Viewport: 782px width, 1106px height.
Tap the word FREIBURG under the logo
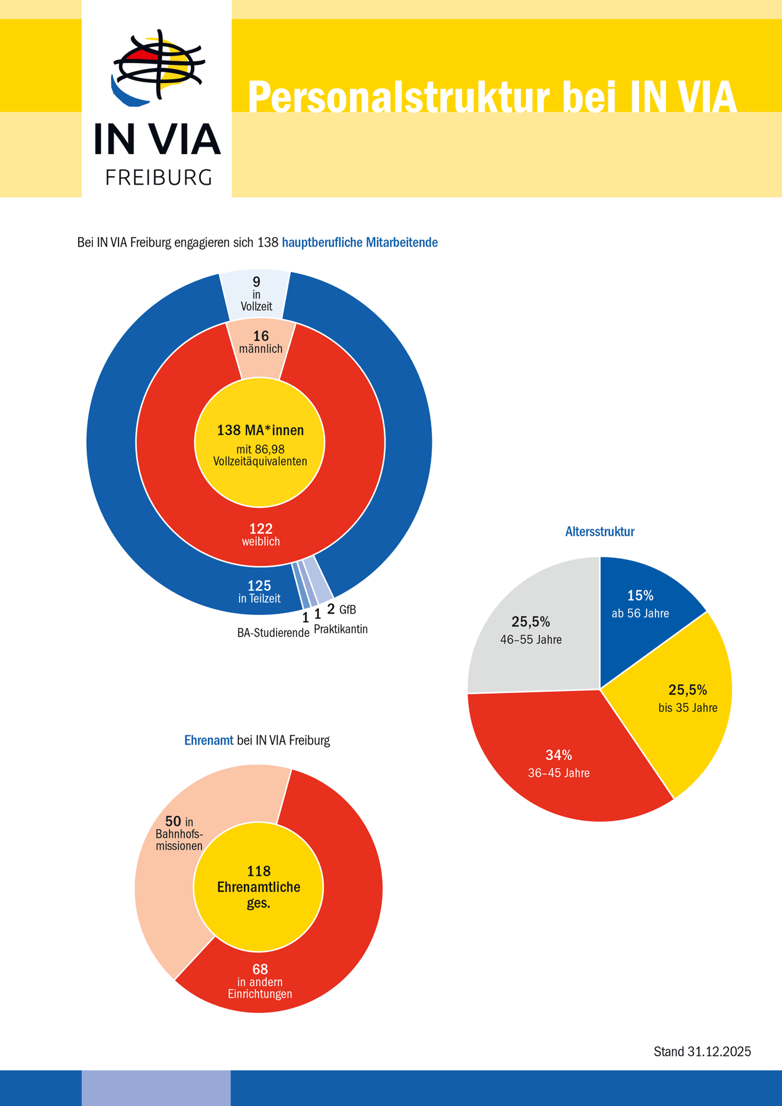click(159, 177)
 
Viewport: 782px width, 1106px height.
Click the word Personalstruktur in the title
click(398, 97)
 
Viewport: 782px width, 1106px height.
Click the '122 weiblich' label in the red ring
click(261, 535)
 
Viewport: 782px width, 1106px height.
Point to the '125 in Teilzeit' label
click(259, 591)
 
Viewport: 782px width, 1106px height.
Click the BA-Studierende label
click(273, 633)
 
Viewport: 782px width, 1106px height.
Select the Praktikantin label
click(341, 629)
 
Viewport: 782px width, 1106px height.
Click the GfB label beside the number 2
click(348, 610)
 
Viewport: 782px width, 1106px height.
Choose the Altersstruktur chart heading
click(600, 532)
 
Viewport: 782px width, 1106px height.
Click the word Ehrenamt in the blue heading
click(208, 741)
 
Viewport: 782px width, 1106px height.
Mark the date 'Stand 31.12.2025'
click(702, 1052)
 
